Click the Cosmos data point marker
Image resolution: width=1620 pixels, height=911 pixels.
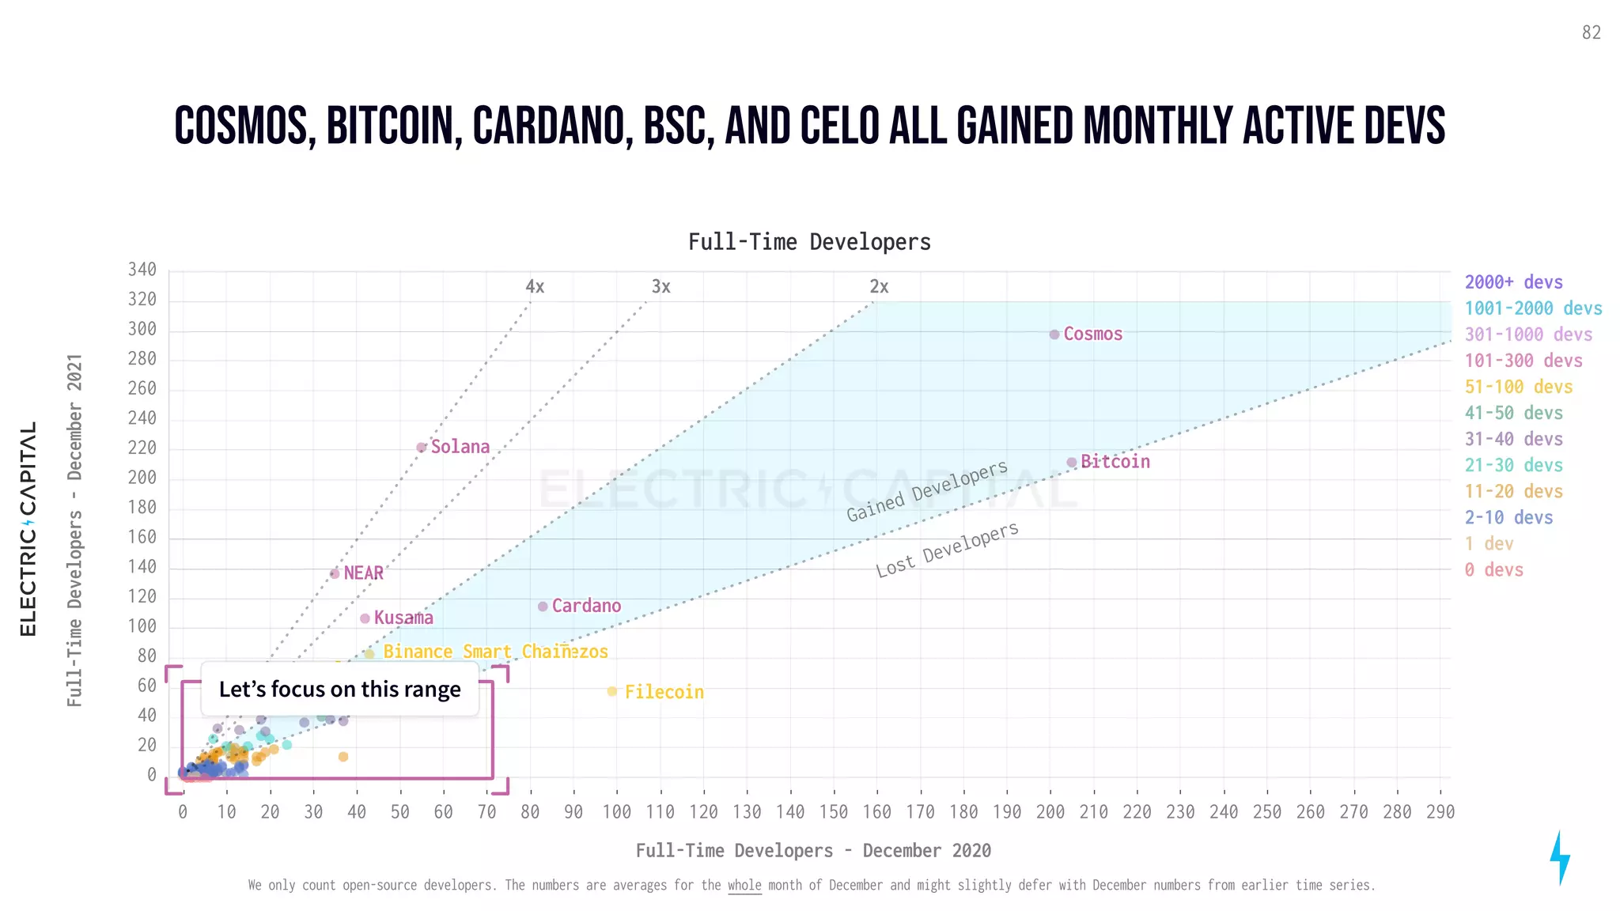pos(1054,335)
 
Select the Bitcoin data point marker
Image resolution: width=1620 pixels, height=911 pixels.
pos(1071,463)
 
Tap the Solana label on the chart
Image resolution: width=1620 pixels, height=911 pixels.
pos(460,447)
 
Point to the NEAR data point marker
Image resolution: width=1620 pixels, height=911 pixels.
pos(335,573)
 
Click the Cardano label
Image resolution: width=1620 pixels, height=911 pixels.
pos(586,606)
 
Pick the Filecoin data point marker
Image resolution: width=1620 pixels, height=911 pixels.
pos(611,691)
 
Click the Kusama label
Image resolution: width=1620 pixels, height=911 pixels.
pos(403,618)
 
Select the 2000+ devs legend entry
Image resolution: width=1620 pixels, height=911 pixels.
pos(1513,282)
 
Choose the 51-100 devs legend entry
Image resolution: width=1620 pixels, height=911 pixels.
pos(1518,387)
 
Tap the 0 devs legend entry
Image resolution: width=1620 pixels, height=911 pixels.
pos(1493,569)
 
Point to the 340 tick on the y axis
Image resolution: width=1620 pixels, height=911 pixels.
pos(142,270)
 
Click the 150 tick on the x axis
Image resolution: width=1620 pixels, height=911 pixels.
pos(833,812)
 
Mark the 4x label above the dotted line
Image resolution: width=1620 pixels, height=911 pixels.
pos(535,286)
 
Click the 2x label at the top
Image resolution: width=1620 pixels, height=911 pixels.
pos(879,286)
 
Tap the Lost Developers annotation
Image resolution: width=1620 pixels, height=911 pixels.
pos(947,550)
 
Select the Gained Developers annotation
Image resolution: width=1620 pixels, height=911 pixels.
pos(927,491)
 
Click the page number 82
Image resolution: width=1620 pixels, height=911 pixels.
pos(1592,32)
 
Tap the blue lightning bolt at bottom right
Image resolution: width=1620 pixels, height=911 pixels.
pos(1559,858)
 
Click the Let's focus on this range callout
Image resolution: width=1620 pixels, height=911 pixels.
pos(339,689)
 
